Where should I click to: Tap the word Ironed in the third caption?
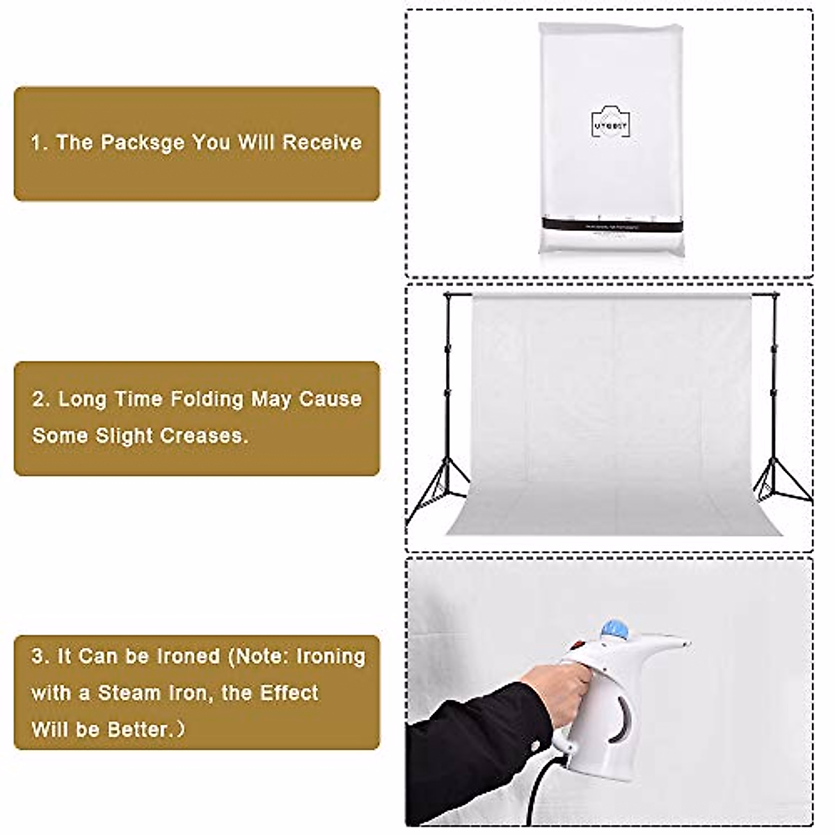[x=180, y=656]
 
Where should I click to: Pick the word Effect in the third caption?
[x=289, y=693]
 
